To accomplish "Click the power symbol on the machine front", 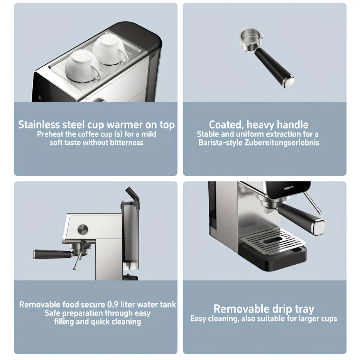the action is [x=41, y=98].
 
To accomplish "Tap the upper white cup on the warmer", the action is [x=110, y=50].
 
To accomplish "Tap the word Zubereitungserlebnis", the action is [x=282, y=143].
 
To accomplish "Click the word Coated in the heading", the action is [x=226, y=125].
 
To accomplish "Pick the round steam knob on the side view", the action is [x=83, y=230].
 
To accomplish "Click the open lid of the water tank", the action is [x=132, y=194].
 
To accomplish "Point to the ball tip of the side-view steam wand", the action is [x=74, y=268].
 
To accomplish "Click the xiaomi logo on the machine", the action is [x=289, y=188].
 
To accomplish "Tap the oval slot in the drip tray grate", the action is [x=272, y=240].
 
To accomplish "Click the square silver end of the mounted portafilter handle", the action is [x=318, y=227].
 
